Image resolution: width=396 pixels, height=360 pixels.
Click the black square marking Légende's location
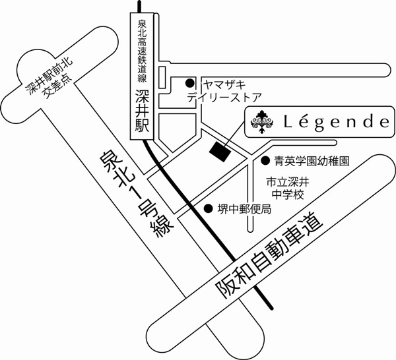218,150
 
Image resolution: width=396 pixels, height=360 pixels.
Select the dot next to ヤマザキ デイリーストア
189,83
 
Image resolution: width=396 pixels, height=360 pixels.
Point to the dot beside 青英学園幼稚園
265,160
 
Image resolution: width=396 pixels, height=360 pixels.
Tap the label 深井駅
143,112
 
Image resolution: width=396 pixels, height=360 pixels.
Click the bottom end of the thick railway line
271,308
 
